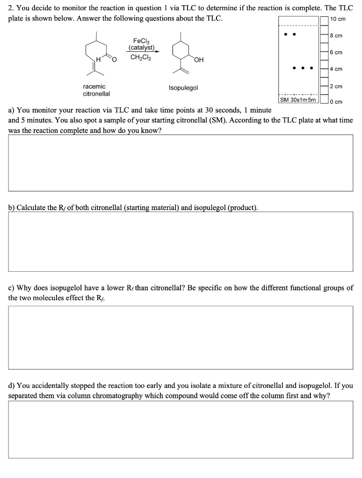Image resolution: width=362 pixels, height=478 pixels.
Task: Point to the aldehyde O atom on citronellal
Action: pyautogui.click(x=115, y=58)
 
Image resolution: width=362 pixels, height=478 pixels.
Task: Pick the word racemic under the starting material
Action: pyautogui.click(x=94, y=87)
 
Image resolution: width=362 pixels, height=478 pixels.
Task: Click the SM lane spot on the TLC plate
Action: pyautogui.click(x=285, y=34)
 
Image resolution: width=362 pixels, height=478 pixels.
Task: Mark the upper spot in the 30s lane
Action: pyautogui.click(x=294, y=34)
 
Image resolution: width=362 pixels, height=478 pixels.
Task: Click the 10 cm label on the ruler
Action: pyautogui.click(x=338, y=19)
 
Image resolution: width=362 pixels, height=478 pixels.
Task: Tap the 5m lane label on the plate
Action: pyautogui.click(x=312, y=100)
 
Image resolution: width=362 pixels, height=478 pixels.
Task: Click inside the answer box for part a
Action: pyautogui.click(x=180, y=162)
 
